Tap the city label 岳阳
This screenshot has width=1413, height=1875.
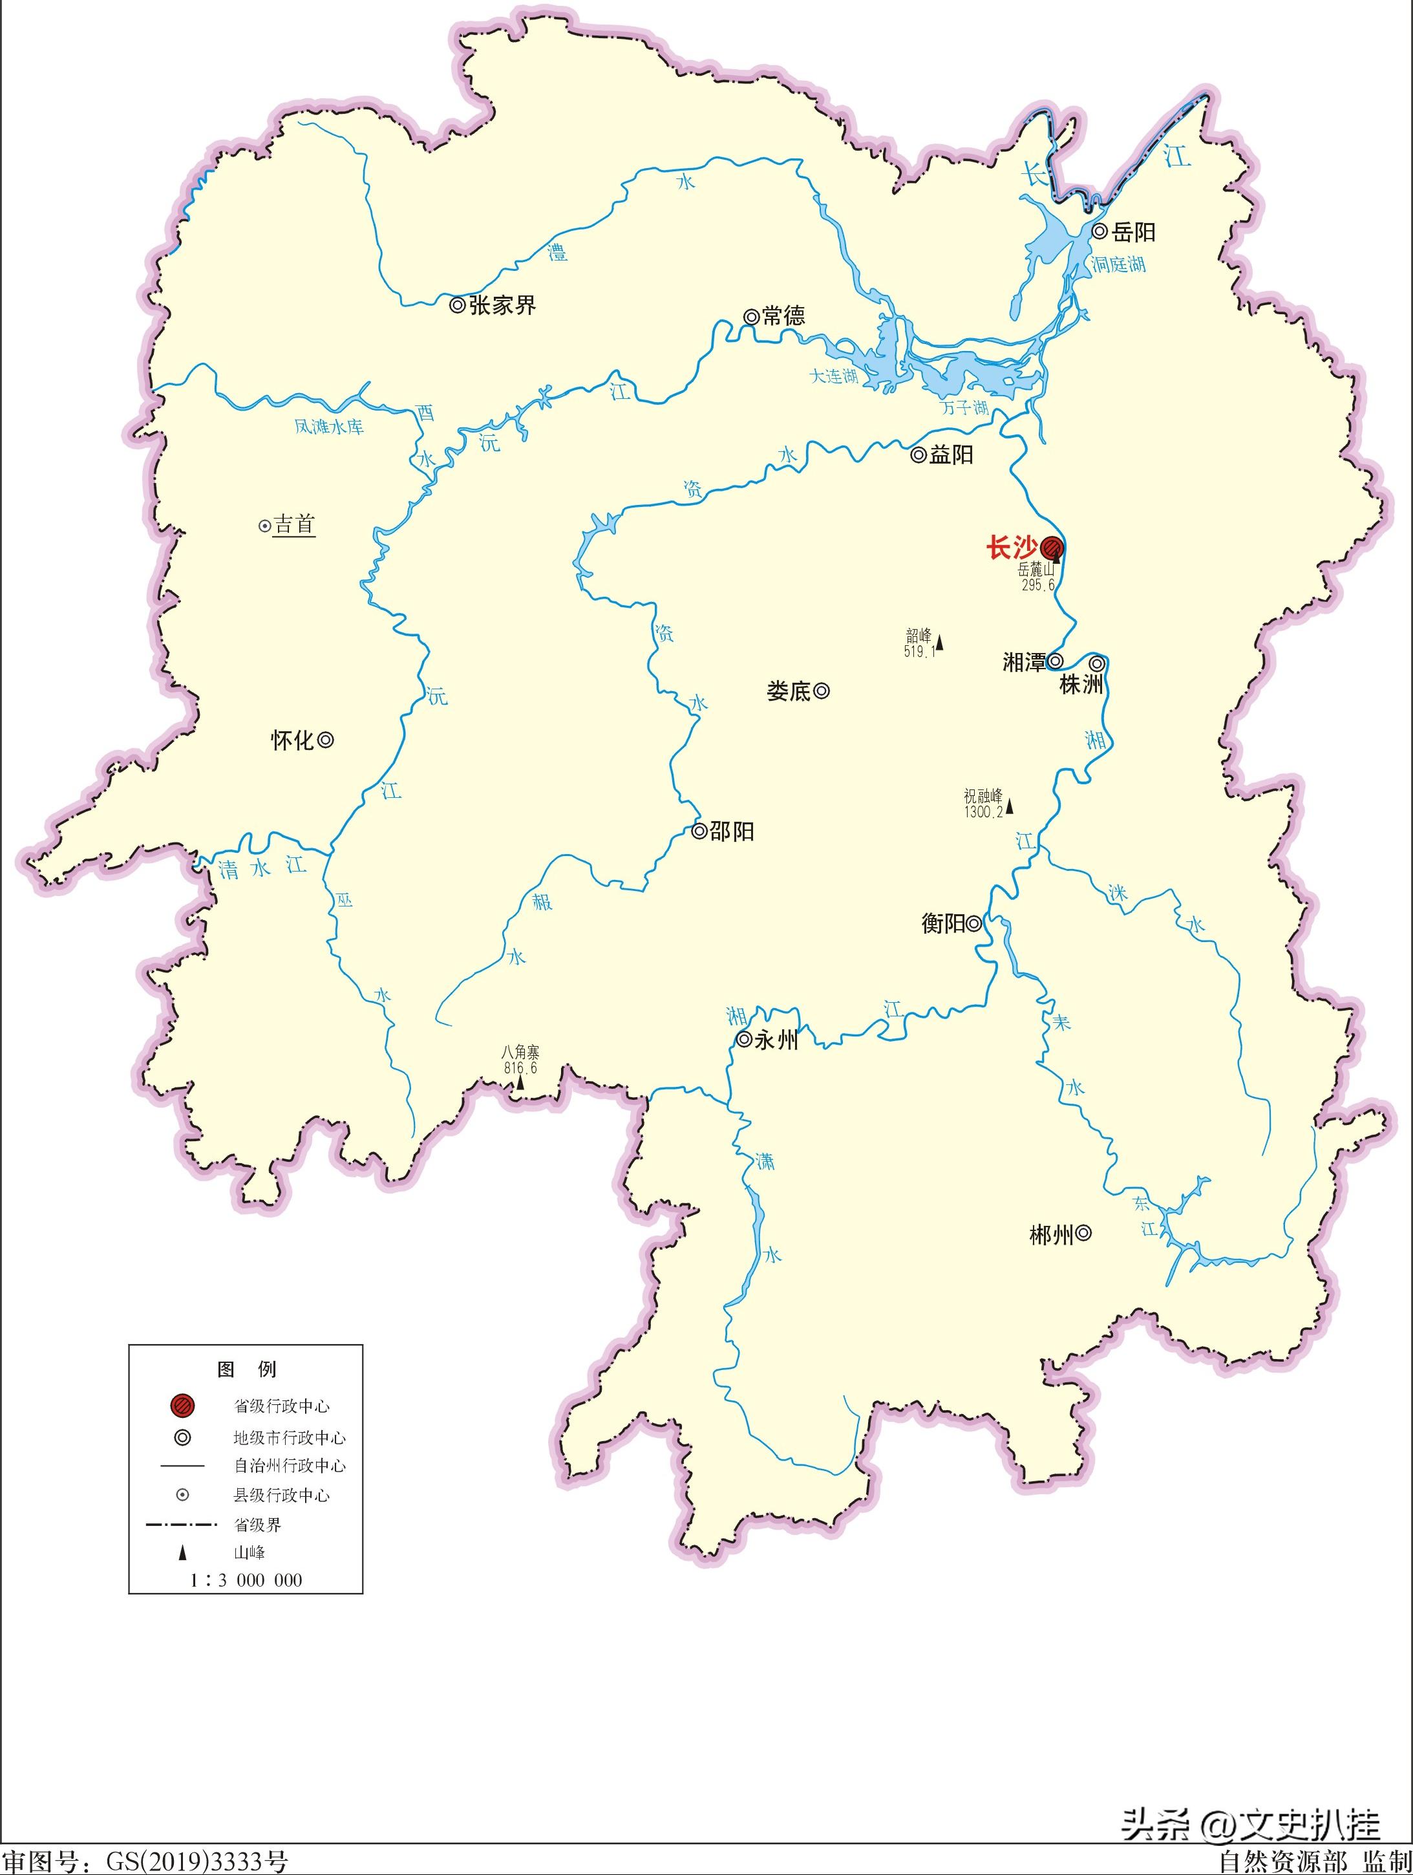point(1134,231)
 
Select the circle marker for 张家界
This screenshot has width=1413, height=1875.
point(457,305)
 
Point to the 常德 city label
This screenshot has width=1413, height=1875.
point(783,316)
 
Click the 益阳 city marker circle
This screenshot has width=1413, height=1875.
point(918,455)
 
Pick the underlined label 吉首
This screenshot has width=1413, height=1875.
point(294,525)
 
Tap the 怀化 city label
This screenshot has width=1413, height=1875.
point(292,741)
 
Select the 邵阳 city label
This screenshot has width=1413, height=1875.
point(732,831)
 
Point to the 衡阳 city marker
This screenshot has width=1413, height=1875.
point(975,923)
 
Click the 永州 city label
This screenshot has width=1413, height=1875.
point(776,1040)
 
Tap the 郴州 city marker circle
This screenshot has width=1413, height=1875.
point(1083,1234)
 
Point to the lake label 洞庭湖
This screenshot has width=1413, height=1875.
point(1118,264)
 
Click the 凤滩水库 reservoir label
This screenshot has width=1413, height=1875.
point(329,426)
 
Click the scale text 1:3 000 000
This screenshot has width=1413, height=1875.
point(246,1580)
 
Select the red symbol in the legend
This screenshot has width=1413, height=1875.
point(182,1406)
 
